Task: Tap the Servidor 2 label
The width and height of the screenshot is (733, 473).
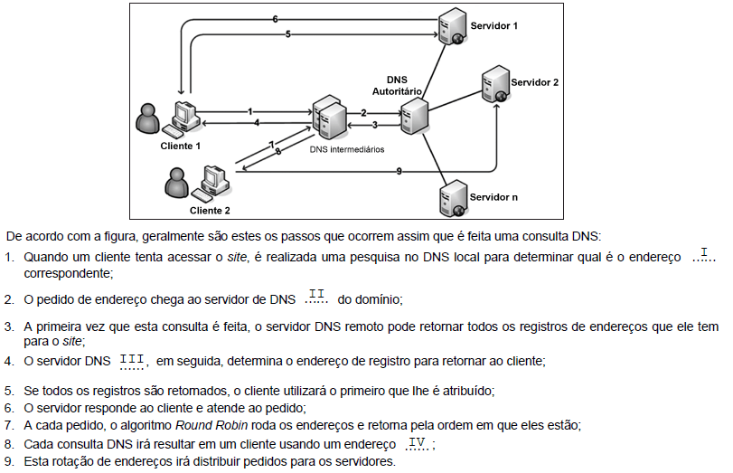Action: [535, 82]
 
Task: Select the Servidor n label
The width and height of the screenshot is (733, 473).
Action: [493, 196]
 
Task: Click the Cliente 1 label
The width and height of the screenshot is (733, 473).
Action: [181, 145]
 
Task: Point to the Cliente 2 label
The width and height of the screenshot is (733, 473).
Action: [210, 211]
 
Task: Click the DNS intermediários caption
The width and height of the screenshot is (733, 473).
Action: [346, 148]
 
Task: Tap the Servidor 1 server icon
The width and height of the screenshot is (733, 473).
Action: [451, 26]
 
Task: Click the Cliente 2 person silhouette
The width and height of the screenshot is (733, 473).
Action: [177, 185]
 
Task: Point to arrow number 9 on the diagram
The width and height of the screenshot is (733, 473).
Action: [399, 171]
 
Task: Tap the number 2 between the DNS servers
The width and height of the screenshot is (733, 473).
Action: [363, 112]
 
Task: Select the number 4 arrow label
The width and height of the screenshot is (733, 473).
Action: [258, 122]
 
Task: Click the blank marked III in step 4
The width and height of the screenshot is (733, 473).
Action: [132, 362]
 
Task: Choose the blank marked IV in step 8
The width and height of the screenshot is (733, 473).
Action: [417, 443]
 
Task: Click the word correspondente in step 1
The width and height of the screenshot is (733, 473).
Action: [62, 271]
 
